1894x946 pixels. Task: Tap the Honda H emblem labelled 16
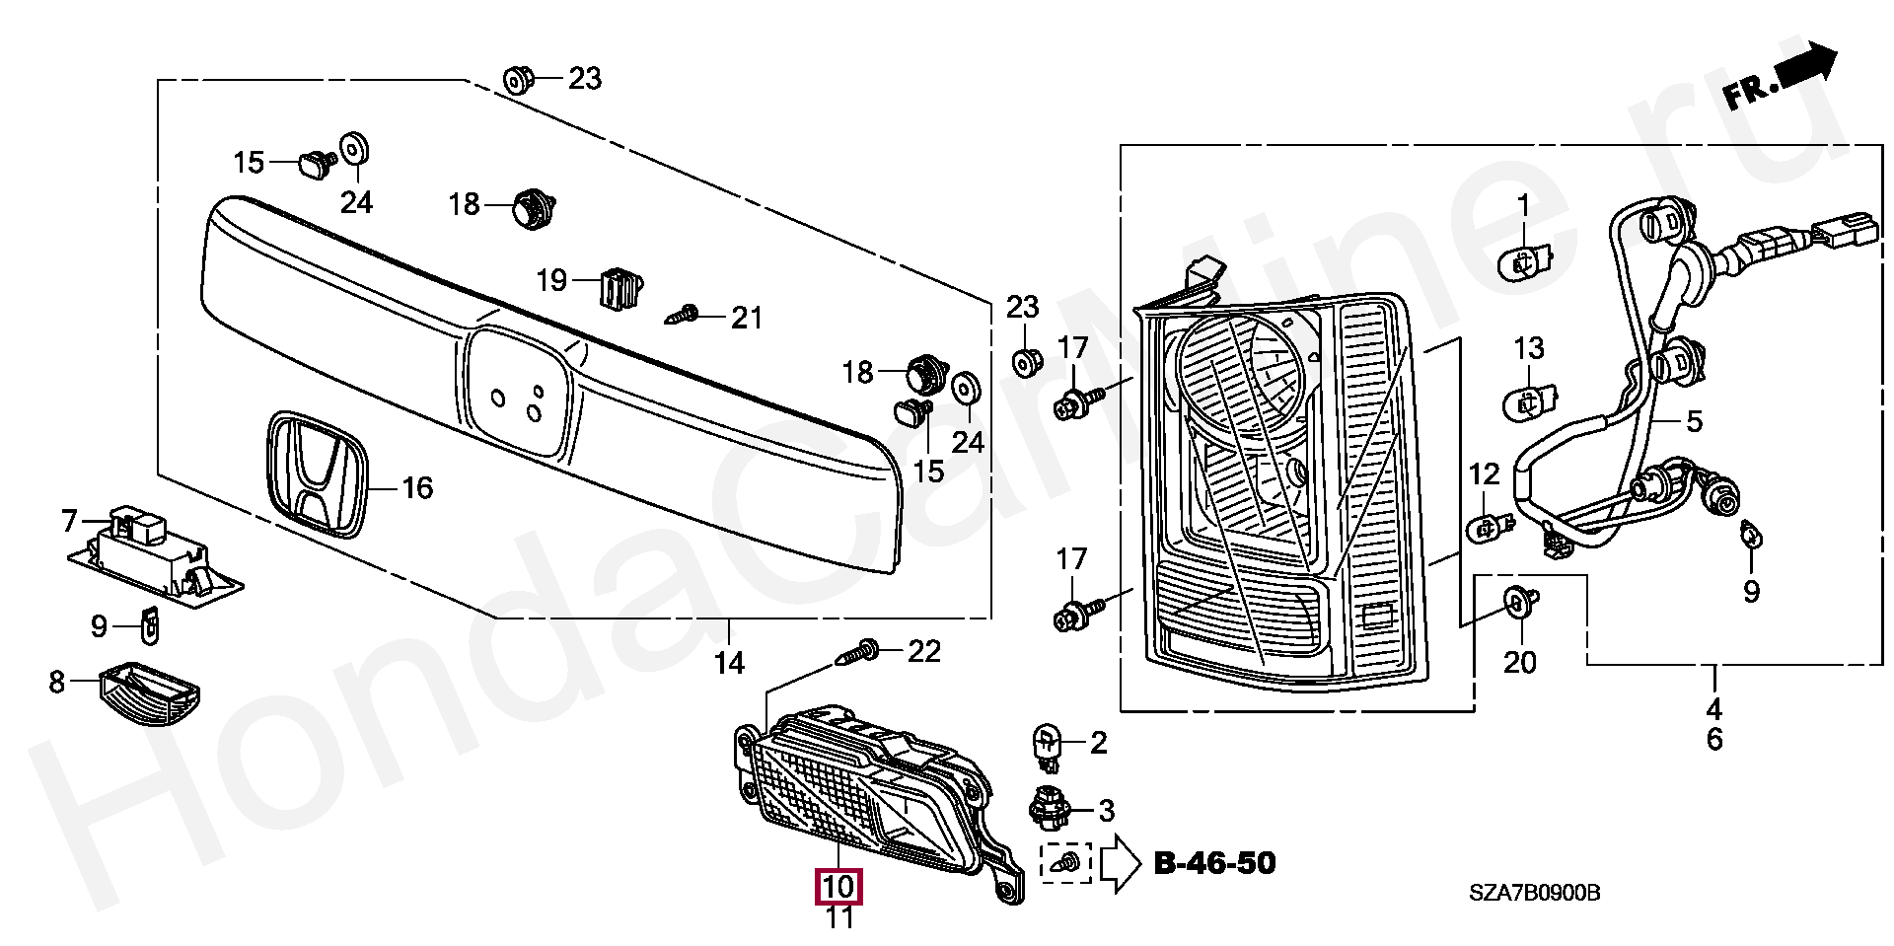317,476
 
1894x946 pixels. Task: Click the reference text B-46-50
1214,864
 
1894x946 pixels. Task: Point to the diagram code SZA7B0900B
1534,894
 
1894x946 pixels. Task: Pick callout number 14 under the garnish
729,663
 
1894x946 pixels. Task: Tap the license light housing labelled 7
156,558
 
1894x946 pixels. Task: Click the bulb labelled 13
1527,401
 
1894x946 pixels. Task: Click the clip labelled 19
619,287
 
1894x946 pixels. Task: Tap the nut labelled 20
1516,600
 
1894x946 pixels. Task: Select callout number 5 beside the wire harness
1694,422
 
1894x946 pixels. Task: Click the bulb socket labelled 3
1049,809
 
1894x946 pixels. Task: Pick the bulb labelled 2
1047,746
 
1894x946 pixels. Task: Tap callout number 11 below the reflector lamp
838,918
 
